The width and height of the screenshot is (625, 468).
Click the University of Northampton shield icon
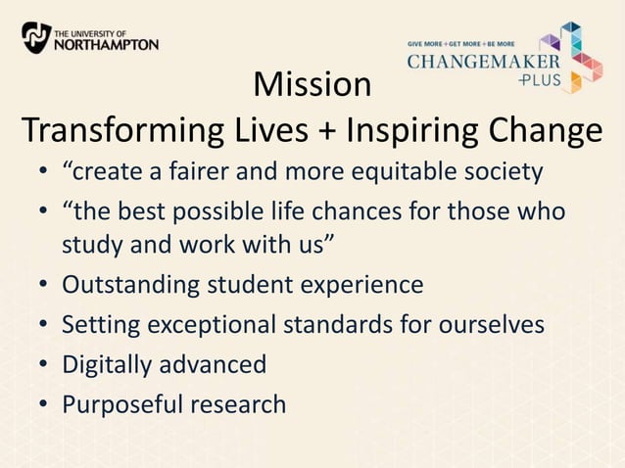tap(36, 37)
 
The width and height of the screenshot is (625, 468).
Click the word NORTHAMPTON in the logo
tap(106, 44)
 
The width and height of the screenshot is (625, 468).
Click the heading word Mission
tap(312, 85)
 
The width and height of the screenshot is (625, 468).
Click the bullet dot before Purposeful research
tap(45, 404)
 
